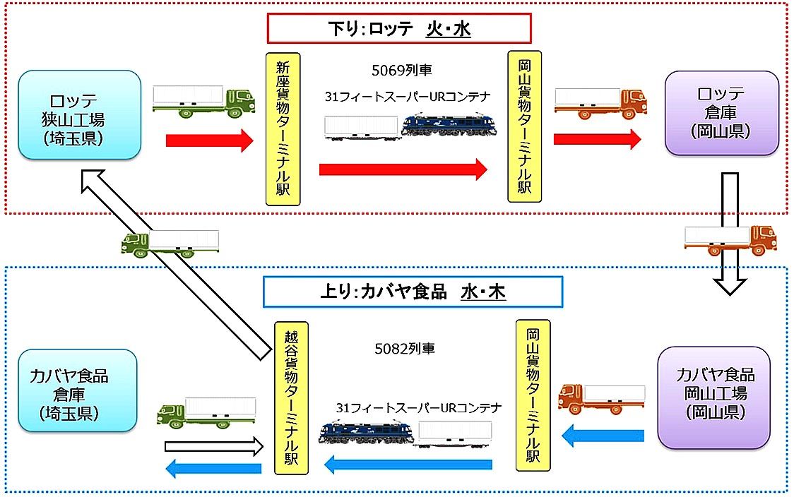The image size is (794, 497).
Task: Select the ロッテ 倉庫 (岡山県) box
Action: coord(721,113)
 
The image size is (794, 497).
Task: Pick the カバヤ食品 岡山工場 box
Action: coord(714,397)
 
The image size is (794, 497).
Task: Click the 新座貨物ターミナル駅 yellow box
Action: coord(283,128)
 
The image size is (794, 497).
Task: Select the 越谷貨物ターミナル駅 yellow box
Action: coord(290,400)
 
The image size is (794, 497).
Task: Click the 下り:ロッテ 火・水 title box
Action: coord(398,29)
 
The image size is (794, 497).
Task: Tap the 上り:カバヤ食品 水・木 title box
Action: coord(412,292)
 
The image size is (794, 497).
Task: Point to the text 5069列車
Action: coord(401,71)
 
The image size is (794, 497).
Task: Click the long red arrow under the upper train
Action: coord(403,169)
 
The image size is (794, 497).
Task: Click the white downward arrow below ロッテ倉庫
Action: coord(729,233)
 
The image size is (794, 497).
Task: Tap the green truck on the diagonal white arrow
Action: coord(170,242)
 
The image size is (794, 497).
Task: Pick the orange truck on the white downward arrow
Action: coord(730,240)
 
